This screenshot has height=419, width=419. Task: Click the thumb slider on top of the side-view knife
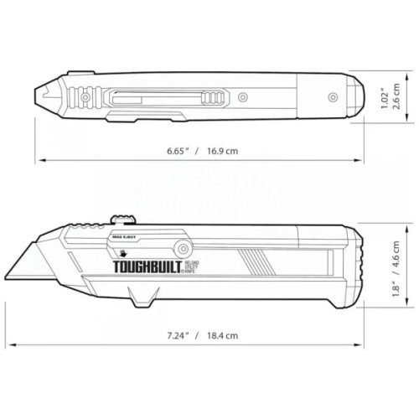pos(124,220)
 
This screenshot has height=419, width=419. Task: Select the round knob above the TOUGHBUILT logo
pos(181,248)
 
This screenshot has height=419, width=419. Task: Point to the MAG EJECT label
pos(125,241)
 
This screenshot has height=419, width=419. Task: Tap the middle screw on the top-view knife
pos(242,97)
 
